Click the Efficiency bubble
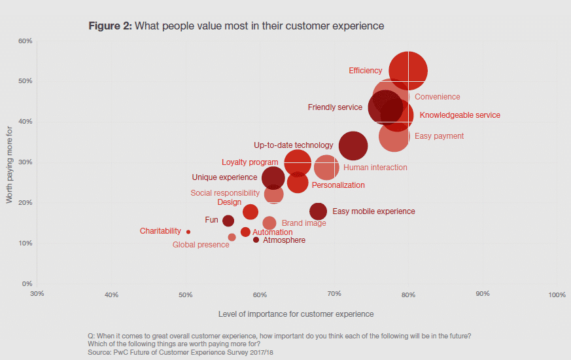[x=408, y=71]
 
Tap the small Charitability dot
[x=188, y=232]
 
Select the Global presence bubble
[x=232, y=237]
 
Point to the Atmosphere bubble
[x=256, y=240]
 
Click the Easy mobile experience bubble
[x=318, y=211]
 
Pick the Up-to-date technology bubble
[x=353, y=146]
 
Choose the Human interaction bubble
[x=327, y=168]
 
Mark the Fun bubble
[x=228, y=221]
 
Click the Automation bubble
[x=245, y=232]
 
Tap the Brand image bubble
[x=269, y=223]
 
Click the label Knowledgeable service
[x=460, y=115]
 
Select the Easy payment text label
[x=440, y=136]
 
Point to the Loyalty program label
[x=250, y=162]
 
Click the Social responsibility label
[x=225, y=193]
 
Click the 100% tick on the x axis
[x=557, y=295]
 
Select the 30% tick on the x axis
[x=37, y=295]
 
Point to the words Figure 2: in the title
[x=110, y=26]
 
